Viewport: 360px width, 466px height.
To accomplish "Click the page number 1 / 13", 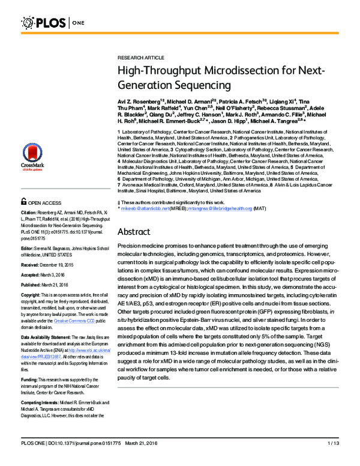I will pyautogui.click(x=334, y=460).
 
